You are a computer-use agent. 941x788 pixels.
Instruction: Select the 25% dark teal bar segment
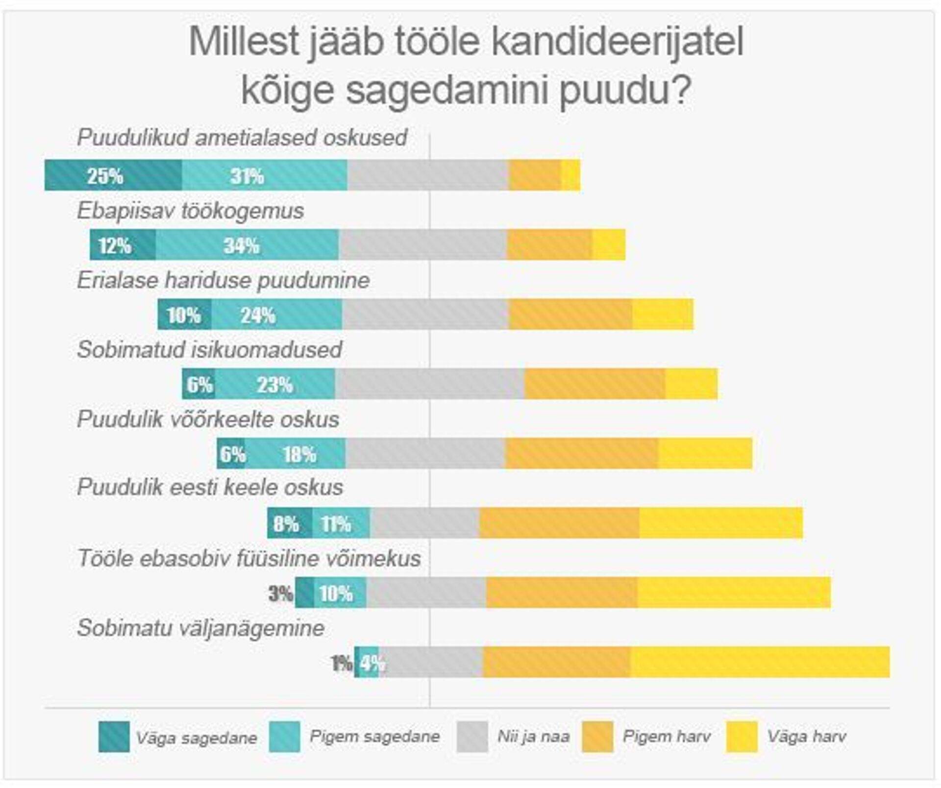113,175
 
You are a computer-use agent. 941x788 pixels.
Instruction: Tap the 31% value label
247,176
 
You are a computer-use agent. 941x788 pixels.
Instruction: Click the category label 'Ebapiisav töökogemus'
190,211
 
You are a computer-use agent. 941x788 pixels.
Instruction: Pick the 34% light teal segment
247,245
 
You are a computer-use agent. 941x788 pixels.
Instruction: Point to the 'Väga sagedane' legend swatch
114,737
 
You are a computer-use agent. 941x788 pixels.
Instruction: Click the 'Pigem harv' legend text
666,736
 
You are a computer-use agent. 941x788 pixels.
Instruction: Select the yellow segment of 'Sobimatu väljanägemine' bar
760,663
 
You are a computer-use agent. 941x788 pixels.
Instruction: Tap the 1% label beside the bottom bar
342,664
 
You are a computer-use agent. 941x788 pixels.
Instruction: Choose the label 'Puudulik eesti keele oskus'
210,487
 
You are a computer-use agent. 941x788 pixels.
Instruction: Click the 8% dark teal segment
289,523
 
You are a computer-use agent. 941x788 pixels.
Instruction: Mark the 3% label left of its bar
281,594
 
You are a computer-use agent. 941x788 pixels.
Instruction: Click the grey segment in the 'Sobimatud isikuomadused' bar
429,384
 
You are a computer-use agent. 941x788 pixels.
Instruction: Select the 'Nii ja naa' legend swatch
472,737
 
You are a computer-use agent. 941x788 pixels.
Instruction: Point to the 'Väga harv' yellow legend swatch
742,737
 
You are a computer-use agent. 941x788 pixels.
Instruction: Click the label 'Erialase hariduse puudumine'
223,280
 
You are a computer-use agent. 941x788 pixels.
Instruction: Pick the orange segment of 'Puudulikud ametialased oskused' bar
535,175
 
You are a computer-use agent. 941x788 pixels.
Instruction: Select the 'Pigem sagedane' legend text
374,736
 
